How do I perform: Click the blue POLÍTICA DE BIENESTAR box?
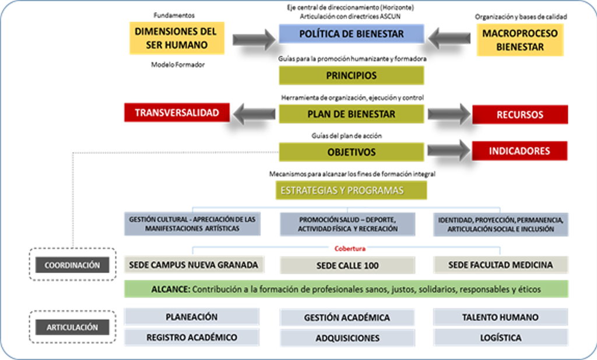pyautogui.click(x=351, y=34)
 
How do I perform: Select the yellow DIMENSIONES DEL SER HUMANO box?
pyautogui.click(x=175, y=38)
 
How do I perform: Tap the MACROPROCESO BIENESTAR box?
pyautogui.click(x=520, y=40)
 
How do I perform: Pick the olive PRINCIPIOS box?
pyautogui.click(x=351, y=76)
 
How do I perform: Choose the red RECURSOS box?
pyautogui.click(x=519, y=114)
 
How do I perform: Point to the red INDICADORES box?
pyautogui.click(x=519, y=151)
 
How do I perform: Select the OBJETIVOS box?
pyautogui.click(x=351, y=151)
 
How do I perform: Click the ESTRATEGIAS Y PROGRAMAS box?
pyautogui.click(x=351, y=190)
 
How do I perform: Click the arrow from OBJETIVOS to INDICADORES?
pyautogui.click(x=448, y=151)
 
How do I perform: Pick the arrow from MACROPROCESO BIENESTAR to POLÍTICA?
pyautogui.click(x=451, y=38)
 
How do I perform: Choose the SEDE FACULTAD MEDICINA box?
pyautogui.click(x=500, y=265)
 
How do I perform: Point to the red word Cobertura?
pyautogui.click(x=350, y=248)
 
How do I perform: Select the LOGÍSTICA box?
pyautogui.click(x=500, y=337)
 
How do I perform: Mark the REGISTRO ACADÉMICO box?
pyautogui.click(x=191, y=337)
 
